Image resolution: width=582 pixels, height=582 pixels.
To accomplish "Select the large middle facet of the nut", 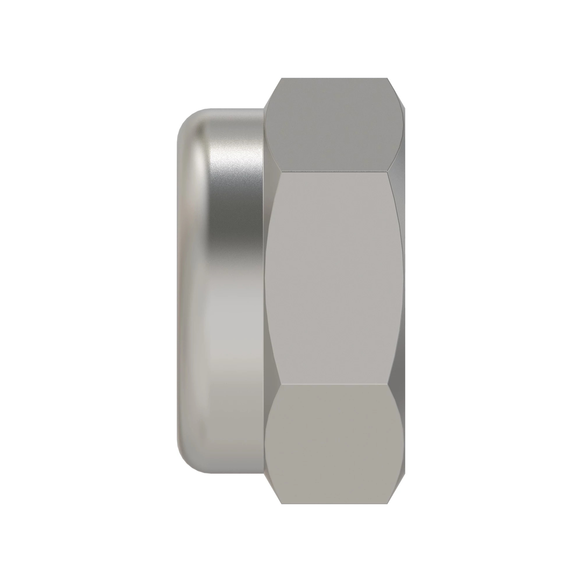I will coord(334,279).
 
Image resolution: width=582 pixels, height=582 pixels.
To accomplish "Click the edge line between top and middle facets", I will coord(334,172).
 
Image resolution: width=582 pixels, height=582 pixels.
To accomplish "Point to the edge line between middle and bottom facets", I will coord(334,384).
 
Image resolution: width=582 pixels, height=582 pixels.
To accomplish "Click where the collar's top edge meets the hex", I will coord(264,109).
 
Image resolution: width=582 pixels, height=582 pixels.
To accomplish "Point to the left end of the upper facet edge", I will coord(281,172).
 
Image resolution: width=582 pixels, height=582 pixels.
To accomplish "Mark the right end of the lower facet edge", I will coord(388,384).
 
